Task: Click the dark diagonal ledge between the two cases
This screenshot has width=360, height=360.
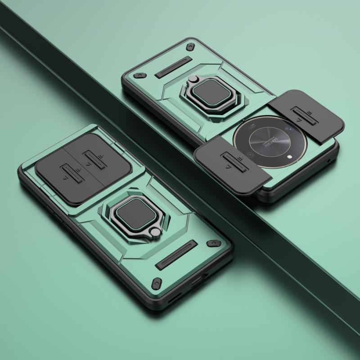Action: coord(148,121)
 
